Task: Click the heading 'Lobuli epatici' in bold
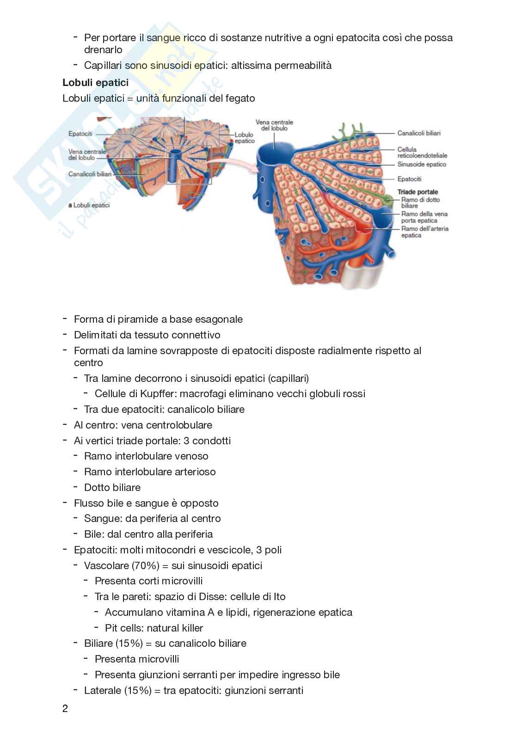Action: click(95, 83)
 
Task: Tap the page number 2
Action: click(65, 708)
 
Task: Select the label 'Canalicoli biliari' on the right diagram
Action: click(418, 133)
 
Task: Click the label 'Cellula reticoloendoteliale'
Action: click(422, 153)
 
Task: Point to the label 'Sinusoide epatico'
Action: click(421, 165)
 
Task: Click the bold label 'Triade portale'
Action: click(418, 192)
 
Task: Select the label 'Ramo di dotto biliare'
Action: click(420, 202)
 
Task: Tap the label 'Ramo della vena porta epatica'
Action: click(424, 217)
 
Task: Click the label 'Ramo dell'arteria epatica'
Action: click(424, 232)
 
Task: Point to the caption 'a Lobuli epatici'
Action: click(89, 205)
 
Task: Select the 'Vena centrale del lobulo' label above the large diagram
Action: click(274, 125)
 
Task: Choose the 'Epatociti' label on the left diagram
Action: click(80, 134)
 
